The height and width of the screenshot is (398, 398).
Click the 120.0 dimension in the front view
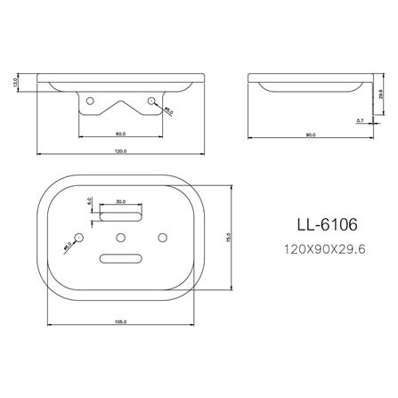tap(120, 152)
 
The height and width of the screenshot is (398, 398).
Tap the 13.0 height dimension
tap(15, 82)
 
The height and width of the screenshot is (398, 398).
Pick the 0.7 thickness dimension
tap(360, 118)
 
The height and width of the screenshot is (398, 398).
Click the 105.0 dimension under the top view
tap(120, 321)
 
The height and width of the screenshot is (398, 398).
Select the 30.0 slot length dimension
tap(121, 200)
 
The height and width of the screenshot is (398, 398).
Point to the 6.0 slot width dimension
tap(90, 203)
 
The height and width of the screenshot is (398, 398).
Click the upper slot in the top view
tap(121, 215)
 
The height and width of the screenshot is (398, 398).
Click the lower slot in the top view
tap(121, 258)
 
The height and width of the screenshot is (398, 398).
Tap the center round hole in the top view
tap(121, 237)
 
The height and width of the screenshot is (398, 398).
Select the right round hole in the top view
tap(162, 237)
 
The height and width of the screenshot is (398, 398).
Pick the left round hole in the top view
tap(80, 237)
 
